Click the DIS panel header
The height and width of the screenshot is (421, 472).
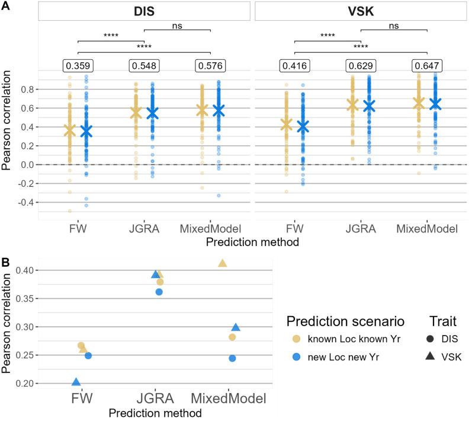[x=145, y=12]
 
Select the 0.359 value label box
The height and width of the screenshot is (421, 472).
[x=78, y=65]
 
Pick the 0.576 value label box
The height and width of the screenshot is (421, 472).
[x=211, y=65]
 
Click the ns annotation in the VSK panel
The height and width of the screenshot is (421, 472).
[x=393, y=25]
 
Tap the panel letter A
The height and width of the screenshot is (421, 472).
[x=5, y=5]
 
